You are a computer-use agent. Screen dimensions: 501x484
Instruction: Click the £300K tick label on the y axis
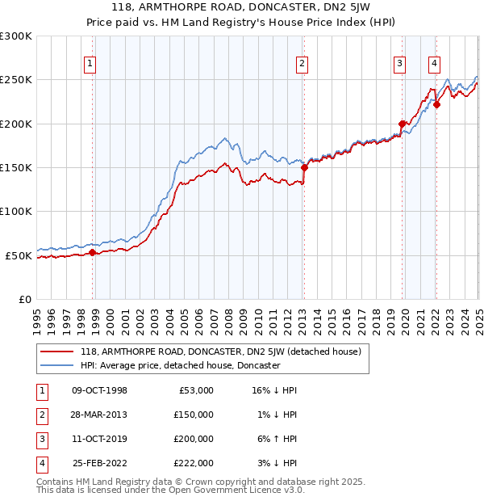pos(16,36)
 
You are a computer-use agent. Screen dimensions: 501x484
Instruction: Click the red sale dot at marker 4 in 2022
pos(436,104)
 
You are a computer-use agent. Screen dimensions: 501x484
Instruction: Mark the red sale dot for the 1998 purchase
pos(93,253)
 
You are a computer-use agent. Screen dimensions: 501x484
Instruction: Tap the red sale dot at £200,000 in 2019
pos(402,124)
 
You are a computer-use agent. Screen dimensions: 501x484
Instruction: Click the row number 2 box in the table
pos(40,415)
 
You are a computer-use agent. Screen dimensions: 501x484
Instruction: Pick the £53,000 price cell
pos(194,390)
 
